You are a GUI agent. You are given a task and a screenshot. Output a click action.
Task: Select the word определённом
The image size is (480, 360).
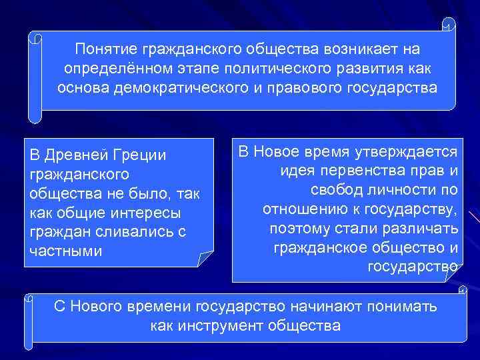tap(108, 69)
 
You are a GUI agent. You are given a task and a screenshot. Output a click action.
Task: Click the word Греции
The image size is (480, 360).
tap(142, 155)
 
